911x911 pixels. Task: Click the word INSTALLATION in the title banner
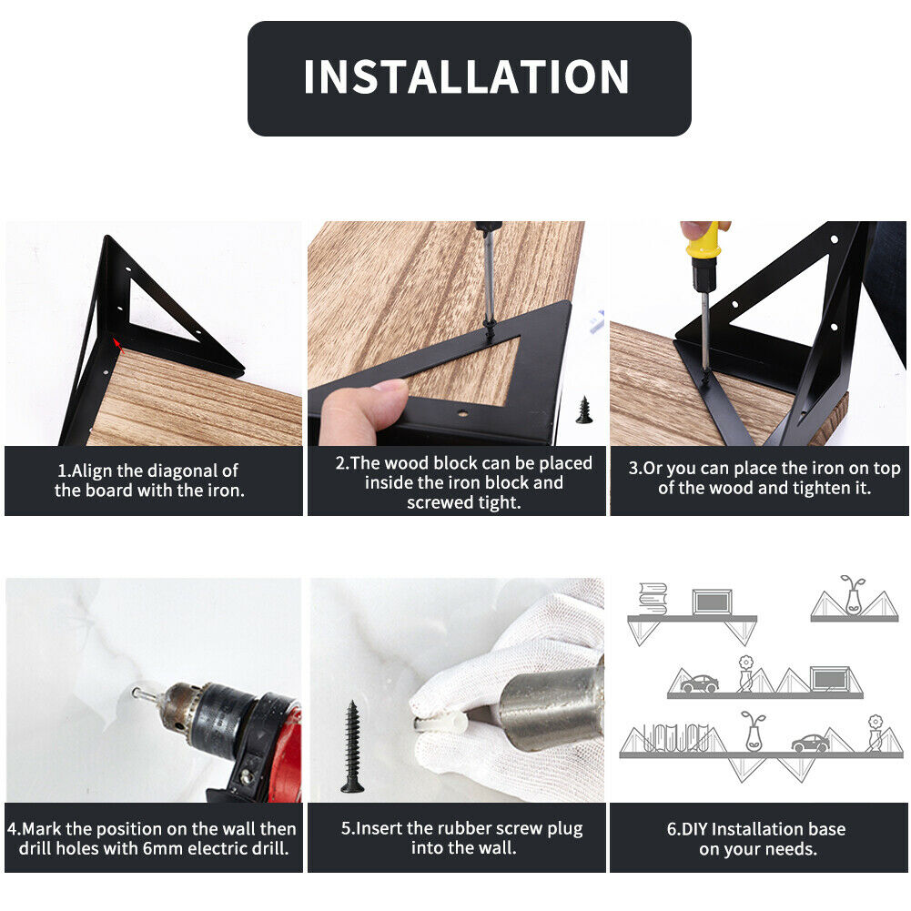coord(466,76)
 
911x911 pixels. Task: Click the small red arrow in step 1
coord(118,345)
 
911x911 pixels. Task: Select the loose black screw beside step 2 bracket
coord(584,410)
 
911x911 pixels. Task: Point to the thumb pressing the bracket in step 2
coord(363,410)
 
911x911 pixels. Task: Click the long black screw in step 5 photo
coord(352,746)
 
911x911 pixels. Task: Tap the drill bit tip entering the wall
coord(136,693)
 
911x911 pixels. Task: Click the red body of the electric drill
coord(284,750)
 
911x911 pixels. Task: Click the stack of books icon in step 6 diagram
coord(653,599)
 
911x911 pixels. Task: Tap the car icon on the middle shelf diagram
coord(699,683)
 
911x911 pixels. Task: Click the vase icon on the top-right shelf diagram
coord(853,595)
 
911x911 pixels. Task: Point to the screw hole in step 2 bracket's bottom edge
coord(462,414)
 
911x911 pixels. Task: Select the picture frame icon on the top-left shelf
coord(712,602)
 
